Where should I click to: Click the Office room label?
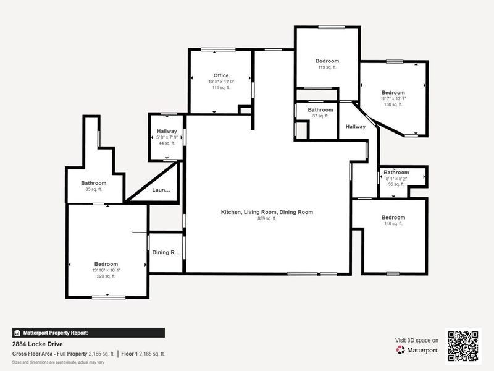tap(221, 75)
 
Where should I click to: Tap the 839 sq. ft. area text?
tap(267, 218)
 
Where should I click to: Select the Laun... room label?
tap(161, 190)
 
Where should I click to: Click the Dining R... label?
tap(165, 252)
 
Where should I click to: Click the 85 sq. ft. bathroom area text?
tap(94, 189)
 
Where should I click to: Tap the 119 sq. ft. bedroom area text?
tap(327, 67)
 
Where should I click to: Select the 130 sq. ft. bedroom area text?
tap(393, 104)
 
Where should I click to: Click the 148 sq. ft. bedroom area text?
tap(393, 224)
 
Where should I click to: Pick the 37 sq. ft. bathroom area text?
tap(320, 116)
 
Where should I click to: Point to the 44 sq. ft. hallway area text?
tap(167, 143)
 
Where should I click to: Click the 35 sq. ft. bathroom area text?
tap(396, 184)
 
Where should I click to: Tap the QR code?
tap(463, 346)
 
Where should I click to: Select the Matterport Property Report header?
tap(56, 332)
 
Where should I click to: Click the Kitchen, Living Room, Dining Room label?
tap(267, 212)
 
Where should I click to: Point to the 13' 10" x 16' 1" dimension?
tap(106, 270)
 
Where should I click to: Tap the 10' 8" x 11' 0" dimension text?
tap(221, 82)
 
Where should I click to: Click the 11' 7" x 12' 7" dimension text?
tap(393, 98)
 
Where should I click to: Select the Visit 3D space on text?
tap(417, 340)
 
